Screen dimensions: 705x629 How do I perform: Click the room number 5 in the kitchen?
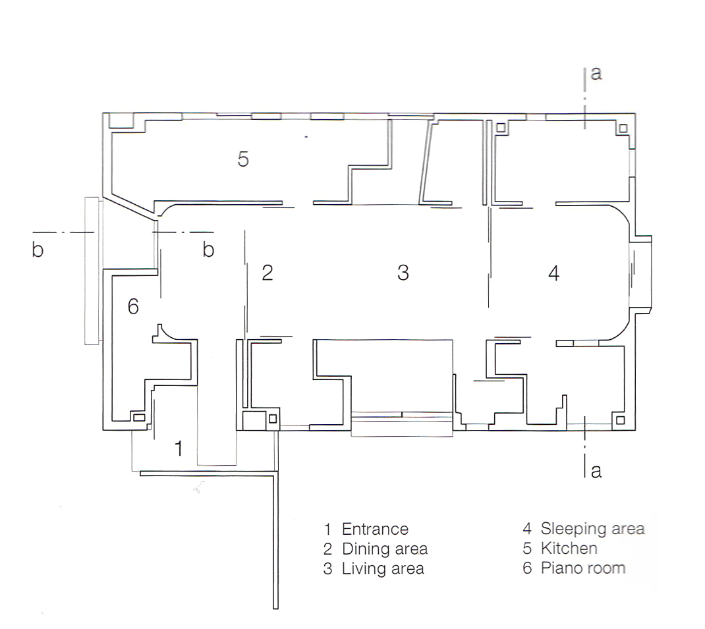click(x=242, y=159)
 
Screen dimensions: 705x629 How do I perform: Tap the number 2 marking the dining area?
click(x=268, y=273)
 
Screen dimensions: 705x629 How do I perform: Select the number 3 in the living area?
click(x=403, y=273)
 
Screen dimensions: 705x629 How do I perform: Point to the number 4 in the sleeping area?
click(x=554, y=273)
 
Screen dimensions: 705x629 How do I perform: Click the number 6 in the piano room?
click(x=133, y=307)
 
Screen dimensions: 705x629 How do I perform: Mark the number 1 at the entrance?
click(x=179, y=449)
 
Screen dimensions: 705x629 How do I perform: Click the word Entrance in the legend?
click(x=375, y=529)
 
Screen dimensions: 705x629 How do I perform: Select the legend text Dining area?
click(x=385, y=549)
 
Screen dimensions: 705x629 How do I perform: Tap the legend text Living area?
click(x=383, y=569)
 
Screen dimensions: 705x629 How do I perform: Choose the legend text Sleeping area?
click(x=592, y=529)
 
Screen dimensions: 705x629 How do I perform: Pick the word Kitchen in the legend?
click(x=569, y=549)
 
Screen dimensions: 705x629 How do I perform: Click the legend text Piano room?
click(x=583, y=568)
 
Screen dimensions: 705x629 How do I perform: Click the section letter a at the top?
click(x=596, y=73)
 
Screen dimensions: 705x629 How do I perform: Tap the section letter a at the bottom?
click(x=596, y=471)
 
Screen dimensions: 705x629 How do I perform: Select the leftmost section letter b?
click(x=38, y=250)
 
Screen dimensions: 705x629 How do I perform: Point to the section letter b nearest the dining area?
click(x=208, y=250)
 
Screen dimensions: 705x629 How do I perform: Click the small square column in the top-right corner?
click(x=623, y=128)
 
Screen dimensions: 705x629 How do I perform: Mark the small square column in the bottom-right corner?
click(x=620, y=420)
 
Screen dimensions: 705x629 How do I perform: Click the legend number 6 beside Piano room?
click(x=527, y=568)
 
